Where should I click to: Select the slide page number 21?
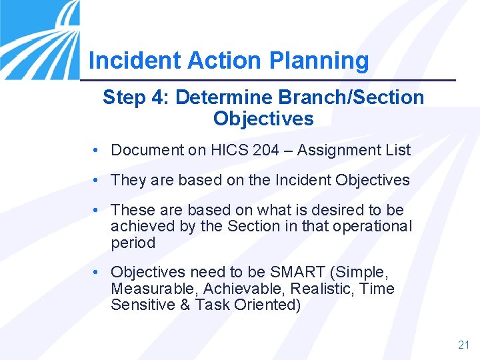(x=464, y=345)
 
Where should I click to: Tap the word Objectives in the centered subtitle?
(x=263, y=119)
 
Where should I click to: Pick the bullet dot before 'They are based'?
(x=97, y=180)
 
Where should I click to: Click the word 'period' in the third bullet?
(x=133, y=243)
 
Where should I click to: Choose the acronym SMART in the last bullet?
(x=294, y=273)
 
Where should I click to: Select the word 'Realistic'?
(x=317, y=289)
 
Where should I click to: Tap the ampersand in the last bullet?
(x=185, y=305)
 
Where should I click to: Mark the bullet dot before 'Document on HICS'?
(x=97, y=151)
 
